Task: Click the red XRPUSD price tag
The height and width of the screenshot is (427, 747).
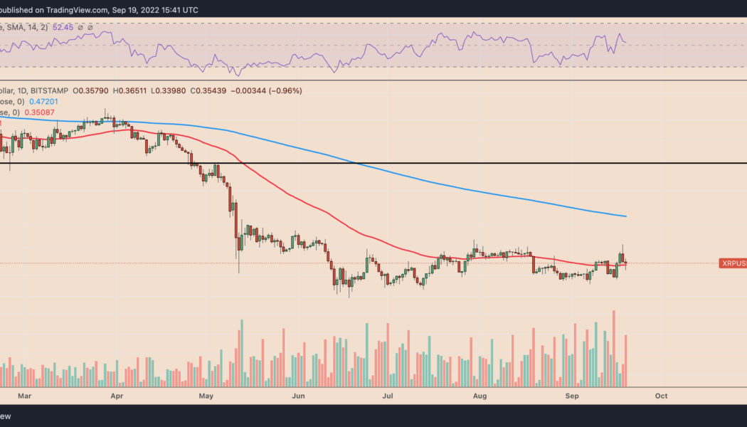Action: (x=733, y=263)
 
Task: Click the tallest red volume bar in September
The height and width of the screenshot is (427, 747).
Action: (x=613, y=349)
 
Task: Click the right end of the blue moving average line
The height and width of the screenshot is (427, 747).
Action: (x=625, y=216)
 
